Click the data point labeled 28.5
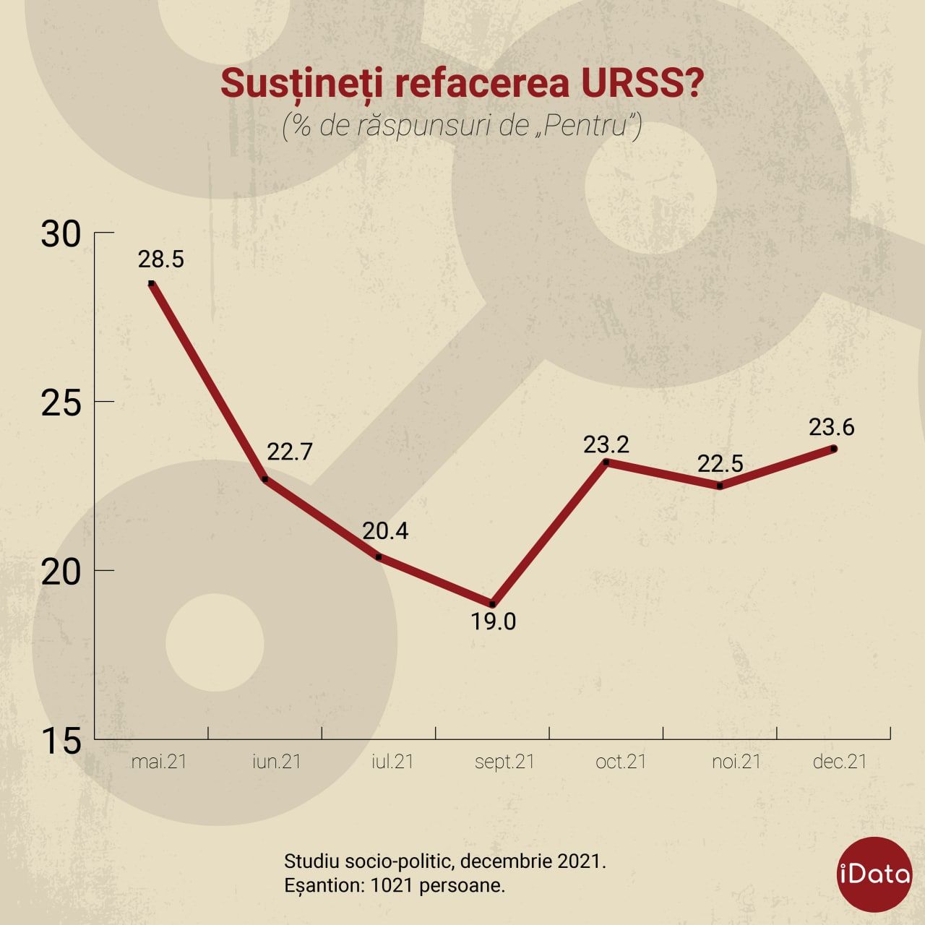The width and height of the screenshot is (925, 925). [151, 283]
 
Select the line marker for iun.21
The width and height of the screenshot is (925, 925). [264, 479]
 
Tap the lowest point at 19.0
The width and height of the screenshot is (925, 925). [492, 604]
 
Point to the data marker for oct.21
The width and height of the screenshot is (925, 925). [606, 462]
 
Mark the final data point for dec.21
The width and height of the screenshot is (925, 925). [834, 449]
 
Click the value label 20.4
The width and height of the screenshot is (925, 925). [385, 531]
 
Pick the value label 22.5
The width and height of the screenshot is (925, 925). [720, 463]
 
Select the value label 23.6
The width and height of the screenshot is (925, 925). [831, 427]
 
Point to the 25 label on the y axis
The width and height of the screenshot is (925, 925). [61, 403]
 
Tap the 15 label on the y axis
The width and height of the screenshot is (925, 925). [61, 741]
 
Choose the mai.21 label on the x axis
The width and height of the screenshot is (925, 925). [159, 762]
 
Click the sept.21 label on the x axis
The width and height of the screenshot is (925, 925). [504, 762]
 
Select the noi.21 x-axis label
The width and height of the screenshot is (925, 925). [736, 762]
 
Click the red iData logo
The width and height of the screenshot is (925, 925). [874, 874]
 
